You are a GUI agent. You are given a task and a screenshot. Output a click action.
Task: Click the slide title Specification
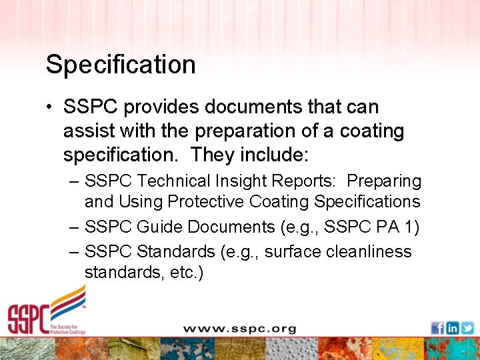tap(121, 65)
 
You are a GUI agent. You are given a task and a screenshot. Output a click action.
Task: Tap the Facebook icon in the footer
tap(437, 328)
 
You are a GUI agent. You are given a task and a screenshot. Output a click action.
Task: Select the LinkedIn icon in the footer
tap(452, 328)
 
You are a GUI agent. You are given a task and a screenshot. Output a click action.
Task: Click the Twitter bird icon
tap(467, 328)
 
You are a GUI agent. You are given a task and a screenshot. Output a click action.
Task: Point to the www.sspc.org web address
tap(239, 329)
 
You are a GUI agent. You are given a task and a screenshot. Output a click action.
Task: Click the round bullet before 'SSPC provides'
tap(51, 107)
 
